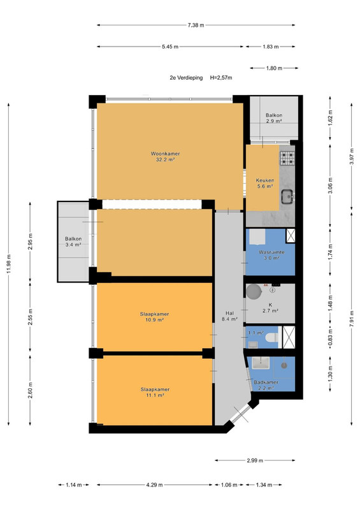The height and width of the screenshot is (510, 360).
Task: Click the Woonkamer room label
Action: pyautogui.click(x=165, y=156)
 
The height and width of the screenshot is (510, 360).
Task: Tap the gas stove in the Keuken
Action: pyautogui.click(x=287, y=157)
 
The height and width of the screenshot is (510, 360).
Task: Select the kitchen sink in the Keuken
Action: pyautogui.click(x=287, y=196)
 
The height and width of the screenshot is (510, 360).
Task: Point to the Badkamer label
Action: pyautogui.click(x=266, y=382)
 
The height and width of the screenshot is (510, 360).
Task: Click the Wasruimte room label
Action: pyautogui.click(x=271, y=252)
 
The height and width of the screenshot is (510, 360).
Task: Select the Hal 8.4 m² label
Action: pyautogui.click(x=229, y=316)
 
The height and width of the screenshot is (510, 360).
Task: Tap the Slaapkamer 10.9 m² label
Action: pyautogui.click(x=154, y=317)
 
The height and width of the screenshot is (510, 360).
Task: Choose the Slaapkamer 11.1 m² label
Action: pyautogui.click(x=155, y=392)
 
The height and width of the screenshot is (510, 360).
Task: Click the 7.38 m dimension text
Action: pyautogui.click(x=196, y=25)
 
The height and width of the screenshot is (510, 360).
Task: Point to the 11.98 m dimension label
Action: pyautogui.click(x=9, y=263)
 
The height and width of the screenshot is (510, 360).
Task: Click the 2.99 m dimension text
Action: pyautogui.click(x=255, y=460)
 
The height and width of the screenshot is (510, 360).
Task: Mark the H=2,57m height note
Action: pyautogui.click(x=221, y=78)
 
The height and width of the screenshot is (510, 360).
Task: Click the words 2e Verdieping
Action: pyautogui.click(x=186, y=78)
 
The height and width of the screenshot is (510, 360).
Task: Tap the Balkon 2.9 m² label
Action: pyautogui.click(x=274, y=118)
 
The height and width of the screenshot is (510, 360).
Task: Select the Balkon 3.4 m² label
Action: pyautogui.click(x=73, y=242)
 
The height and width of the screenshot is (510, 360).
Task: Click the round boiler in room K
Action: pyautogui.click(x=254, y=291)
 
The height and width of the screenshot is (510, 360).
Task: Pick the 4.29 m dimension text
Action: pyautogui.click(x=154, y=485)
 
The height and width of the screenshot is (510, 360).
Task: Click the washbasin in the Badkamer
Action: pyautogui.click(x=261, y=363)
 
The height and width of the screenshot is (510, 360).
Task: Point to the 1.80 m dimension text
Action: pyautogui.click(x=274, y=68)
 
